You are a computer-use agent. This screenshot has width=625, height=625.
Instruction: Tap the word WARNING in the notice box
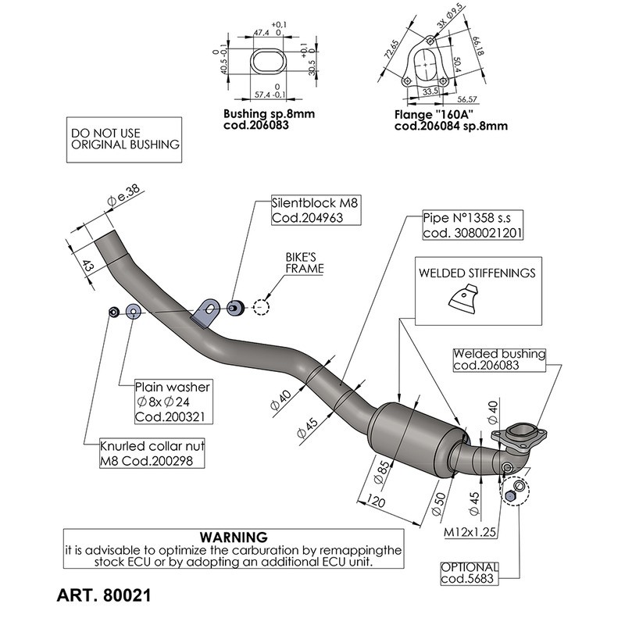click(234, 537)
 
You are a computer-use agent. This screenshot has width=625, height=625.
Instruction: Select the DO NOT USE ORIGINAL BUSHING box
click(125, 139)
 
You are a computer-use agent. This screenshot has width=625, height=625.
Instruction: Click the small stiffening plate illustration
click(466, 300)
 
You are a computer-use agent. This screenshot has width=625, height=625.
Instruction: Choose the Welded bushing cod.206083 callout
click(499, 359)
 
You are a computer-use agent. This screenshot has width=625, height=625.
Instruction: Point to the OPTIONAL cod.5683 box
click(469, 573)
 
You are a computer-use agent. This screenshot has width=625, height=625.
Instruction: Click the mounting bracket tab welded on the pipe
click(206, 312)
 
